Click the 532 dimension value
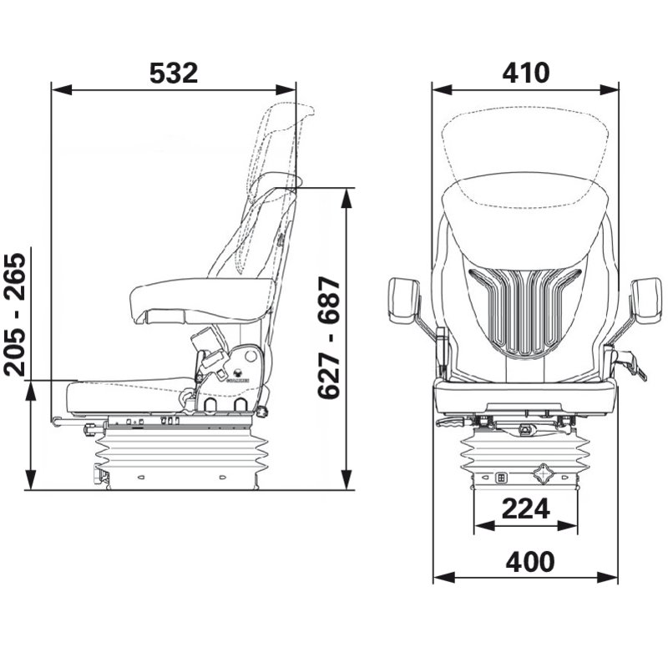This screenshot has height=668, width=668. [x=174, y=73]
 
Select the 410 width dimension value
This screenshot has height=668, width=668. [x=526, y=73]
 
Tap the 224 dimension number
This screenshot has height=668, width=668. [x=526, y=509]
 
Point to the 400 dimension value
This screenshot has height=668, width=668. [x=530, y=561]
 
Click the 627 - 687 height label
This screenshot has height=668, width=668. [x=329, y=337]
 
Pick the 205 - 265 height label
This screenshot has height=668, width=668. [x=15, y=315]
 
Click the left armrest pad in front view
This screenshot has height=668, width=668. [x=403, y=301]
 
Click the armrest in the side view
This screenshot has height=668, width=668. [x=201, y=300]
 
